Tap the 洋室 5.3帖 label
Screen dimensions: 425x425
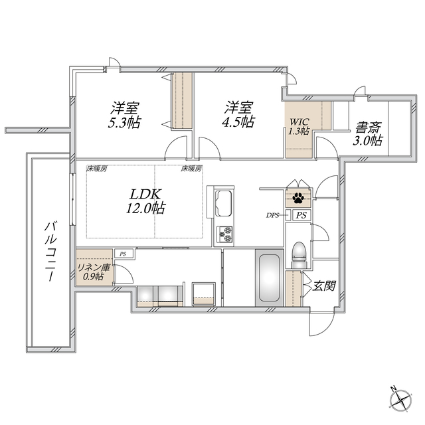point(125,114)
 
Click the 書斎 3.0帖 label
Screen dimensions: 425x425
point(367,133)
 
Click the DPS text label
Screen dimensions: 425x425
point(272,215)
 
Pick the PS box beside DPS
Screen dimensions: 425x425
point(301,215)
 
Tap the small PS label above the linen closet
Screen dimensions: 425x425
point(122,253)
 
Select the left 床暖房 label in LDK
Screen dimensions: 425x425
point(97,169)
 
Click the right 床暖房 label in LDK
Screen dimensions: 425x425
point(191,169)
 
